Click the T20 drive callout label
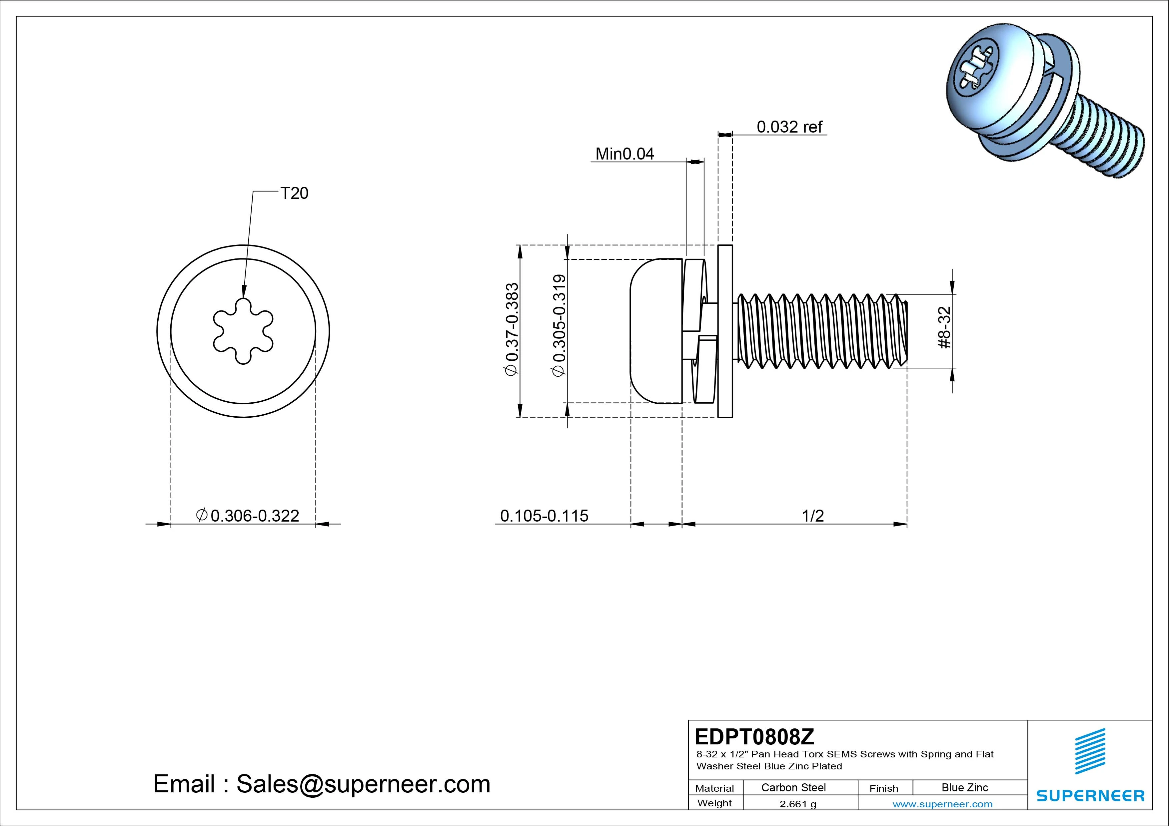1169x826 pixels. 294,194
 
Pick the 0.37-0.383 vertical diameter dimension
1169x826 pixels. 511,330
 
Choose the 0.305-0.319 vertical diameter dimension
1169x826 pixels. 559,326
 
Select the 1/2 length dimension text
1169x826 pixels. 812,516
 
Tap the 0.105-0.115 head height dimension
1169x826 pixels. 544,516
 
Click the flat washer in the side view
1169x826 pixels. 725,331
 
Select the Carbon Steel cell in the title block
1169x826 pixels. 793,787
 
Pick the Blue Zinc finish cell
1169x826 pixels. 965,787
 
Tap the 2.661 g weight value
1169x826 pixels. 798,804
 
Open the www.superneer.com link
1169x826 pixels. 942,804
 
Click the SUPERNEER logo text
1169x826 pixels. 1090,795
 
